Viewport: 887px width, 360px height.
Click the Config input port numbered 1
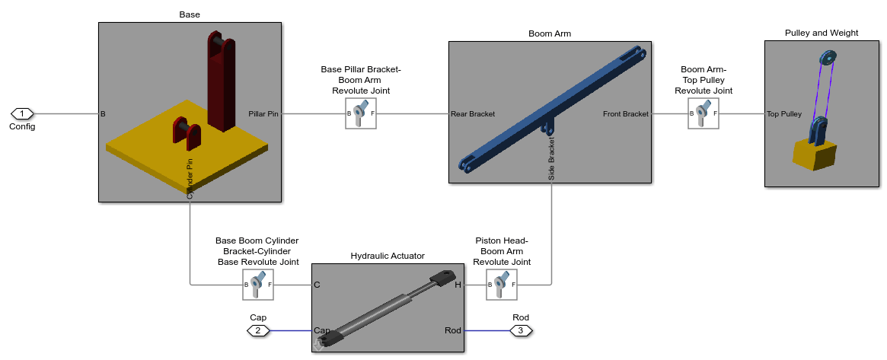pyautogui.click(x=22, y=113)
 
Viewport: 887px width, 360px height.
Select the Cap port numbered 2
pyautogui.click(x=258, y=330)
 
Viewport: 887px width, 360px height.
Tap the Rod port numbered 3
pyautogui.click(x=521, y=330)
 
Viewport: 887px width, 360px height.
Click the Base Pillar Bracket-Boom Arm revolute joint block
pyautogui.click(x=361, y=113)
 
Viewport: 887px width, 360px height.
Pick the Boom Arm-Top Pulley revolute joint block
pyautogui.click(x=704, y=113)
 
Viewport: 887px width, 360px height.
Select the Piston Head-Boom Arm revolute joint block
pyautogui.click(x=502, y=284)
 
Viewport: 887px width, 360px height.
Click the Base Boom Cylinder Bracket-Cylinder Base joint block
pyautogui.click(x=258, y=284)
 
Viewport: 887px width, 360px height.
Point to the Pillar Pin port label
pyautogui.click(x=263, y=114)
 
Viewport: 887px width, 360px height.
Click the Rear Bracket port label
pyautogui.click(x=473, y=114)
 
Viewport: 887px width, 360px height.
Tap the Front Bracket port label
pyautogui.click(x=626, y=114)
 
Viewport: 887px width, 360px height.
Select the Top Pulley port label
pyautogui.click(x=784, y=114)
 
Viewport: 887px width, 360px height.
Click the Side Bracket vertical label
pyautogui.click(x=551, y=158)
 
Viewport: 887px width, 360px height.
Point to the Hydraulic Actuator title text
pyautogui.click(x=388, y=256)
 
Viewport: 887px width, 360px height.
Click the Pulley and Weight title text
pyautogui.click(x=822, y=33)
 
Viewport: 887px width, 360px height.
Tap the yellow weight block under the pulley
pyautogui.click(x=814, y=155)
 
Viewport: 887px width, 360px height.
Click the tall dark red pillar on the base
pyautogui.click(x=221, y=82)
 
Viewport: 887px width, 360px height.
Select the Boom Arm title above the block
pyautogui.click(x=550, y=33)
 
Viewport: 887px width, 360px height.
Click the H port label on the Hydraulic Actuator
pyautogui.click(x=458, y=285)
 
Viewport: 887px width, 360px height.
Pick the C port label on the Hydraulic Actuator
pyautogui.click(x=317, y=285)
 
